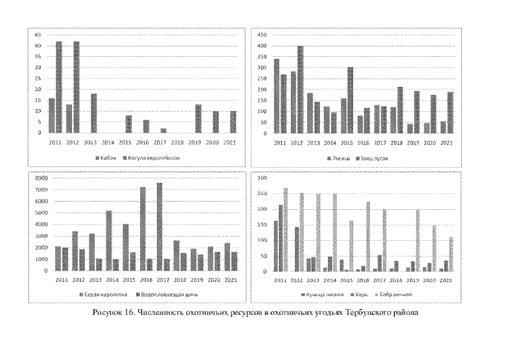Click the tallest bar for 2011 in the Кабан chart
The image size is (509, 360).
[x=59, y=87]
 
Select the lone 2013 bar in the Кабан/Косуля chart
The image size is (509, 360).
[x=94, y=113]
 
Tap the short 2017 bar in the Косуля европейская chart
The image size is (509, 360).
[x=163, y=130]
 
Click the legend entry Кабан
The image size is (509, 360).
[x=109, y=157]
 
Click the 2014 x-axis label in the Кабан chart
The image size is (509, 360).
[x=108, y=143]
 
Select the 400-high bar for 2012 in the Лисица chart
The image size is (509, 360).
[x=300, y=89]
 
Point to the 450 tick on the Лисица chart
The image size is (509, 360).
[x=262, y=35]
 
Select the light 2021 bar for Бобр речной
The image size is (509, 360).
[x=451, y=254]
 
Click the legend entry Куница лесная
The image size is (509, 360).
[x=316, y=294]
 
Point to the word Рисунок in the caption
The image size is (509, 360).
[x=105, y=313]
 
